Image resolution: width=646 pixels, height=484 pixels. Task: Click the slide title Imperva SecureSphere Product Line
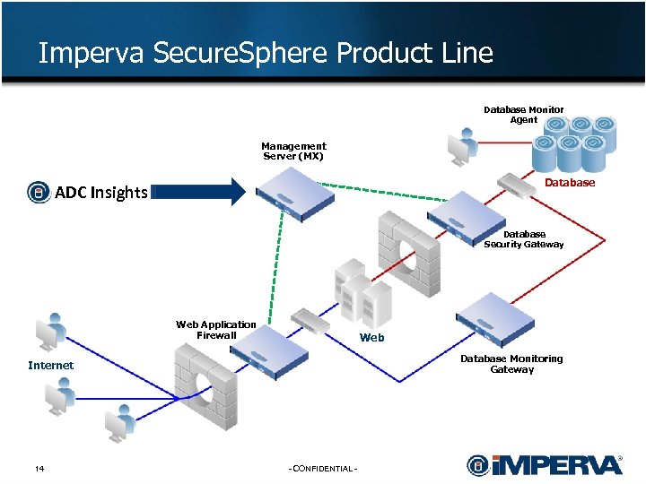[x=266, y=53]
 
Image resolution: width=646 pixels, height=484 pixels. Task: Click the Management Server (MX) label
[x=293, y=151]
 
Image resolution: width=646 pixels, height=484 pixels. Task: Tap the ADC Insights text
[x=100, y=192]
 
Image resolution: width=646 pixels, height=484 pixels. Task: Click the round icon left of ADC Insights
[x=39, y=192]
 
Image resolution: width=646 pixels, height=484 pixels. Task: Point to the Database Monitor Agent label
[x=524, y=115]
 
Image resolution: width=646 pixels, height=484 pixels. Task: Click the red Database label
[x=570, y=183]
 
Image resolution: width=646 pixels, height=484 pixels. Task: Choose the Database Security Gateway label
[x=524, y=239]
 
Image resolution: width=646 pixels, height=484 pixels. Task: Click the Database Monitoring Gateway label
[x=511, y=364]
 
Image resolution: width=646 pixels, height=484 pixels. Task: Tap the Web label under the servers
[x=371, y=338]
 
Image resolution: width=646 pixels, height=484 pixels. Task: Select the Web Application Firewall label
[x=216, y=330]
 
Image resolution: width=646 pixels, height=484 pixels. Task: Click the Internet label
[x=50, y=366]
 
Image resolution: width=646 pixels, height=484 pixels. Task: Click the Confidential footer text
[x=323, y=470]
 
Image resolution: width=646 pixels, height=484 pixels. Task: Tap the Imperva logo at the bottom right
[x=544, y=465]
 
